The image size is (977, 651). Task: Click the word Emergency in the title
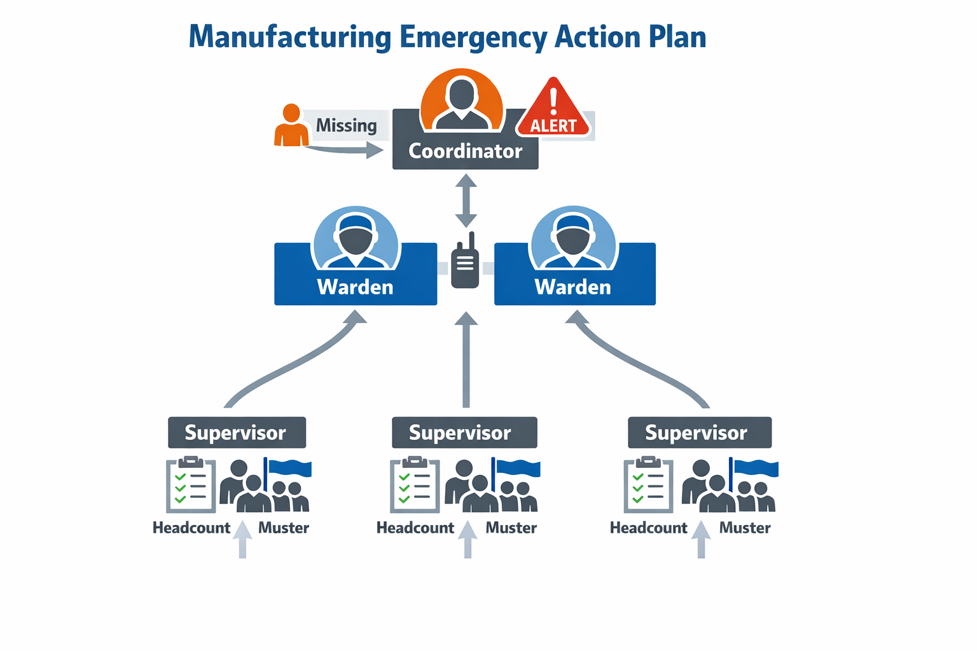(x=473, y=38)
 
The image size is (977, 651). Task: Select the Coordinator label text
(x=465, y=151)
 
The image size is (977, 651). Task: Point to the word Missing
(x=346, y=126)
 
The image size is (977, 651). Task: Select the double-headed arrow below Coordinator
(x=466, y=200)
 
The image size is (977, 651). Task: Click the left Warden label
(x=355, y=287)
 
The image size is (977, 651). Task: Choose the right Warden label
(x=572, y=287)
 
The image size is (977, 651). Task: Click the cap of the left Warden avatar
(x=356, y=223)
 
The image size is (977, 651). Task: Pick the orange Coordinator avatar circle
(x=461, y=100)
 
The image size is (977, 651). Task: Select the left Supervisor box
(x=237, y=432)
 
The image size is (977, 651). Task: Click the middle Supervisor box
(x=464, y=432)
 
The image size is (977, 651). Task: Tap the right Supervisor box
(x=700, y=432)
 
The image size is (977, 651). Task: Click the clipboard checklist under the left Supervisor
(x=191, y=484)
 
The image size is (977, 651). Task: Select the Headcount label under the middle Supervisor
(x=415, y=528)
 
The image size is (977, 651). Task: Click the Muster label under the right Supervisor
(x=745, y=528)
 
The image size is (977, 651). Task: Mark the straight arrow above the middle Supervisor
(x=466, y=360)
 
